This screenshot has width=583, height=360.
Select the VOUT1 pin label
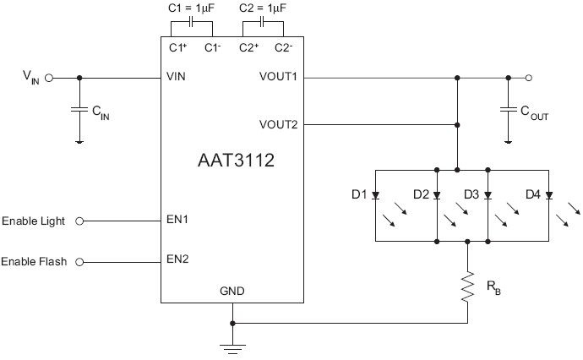(278, 78)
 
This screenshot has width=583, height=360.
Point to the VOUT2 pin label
(278, 125)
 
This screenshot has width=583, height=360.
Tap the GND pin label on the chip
(232, 292)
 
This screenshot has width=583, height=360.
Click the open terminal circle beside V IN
(49, 78)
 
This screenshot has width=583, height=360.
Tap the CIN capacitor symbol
(79, 109)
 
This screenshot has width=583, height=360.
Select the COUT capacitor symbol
(508, 109)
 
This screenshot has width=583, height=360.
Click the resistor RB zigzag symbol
(467, 286)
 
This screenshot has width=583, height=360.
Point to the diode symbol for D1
(376, 195)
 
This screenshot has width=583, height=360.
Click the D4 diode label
(532, 195)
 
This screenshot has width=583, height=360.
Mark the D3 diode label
(471, 195)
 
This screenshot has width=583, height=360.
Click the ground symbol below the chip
(232, 344)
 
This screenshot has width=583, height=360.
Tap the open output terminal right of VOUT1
(529, 78)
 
